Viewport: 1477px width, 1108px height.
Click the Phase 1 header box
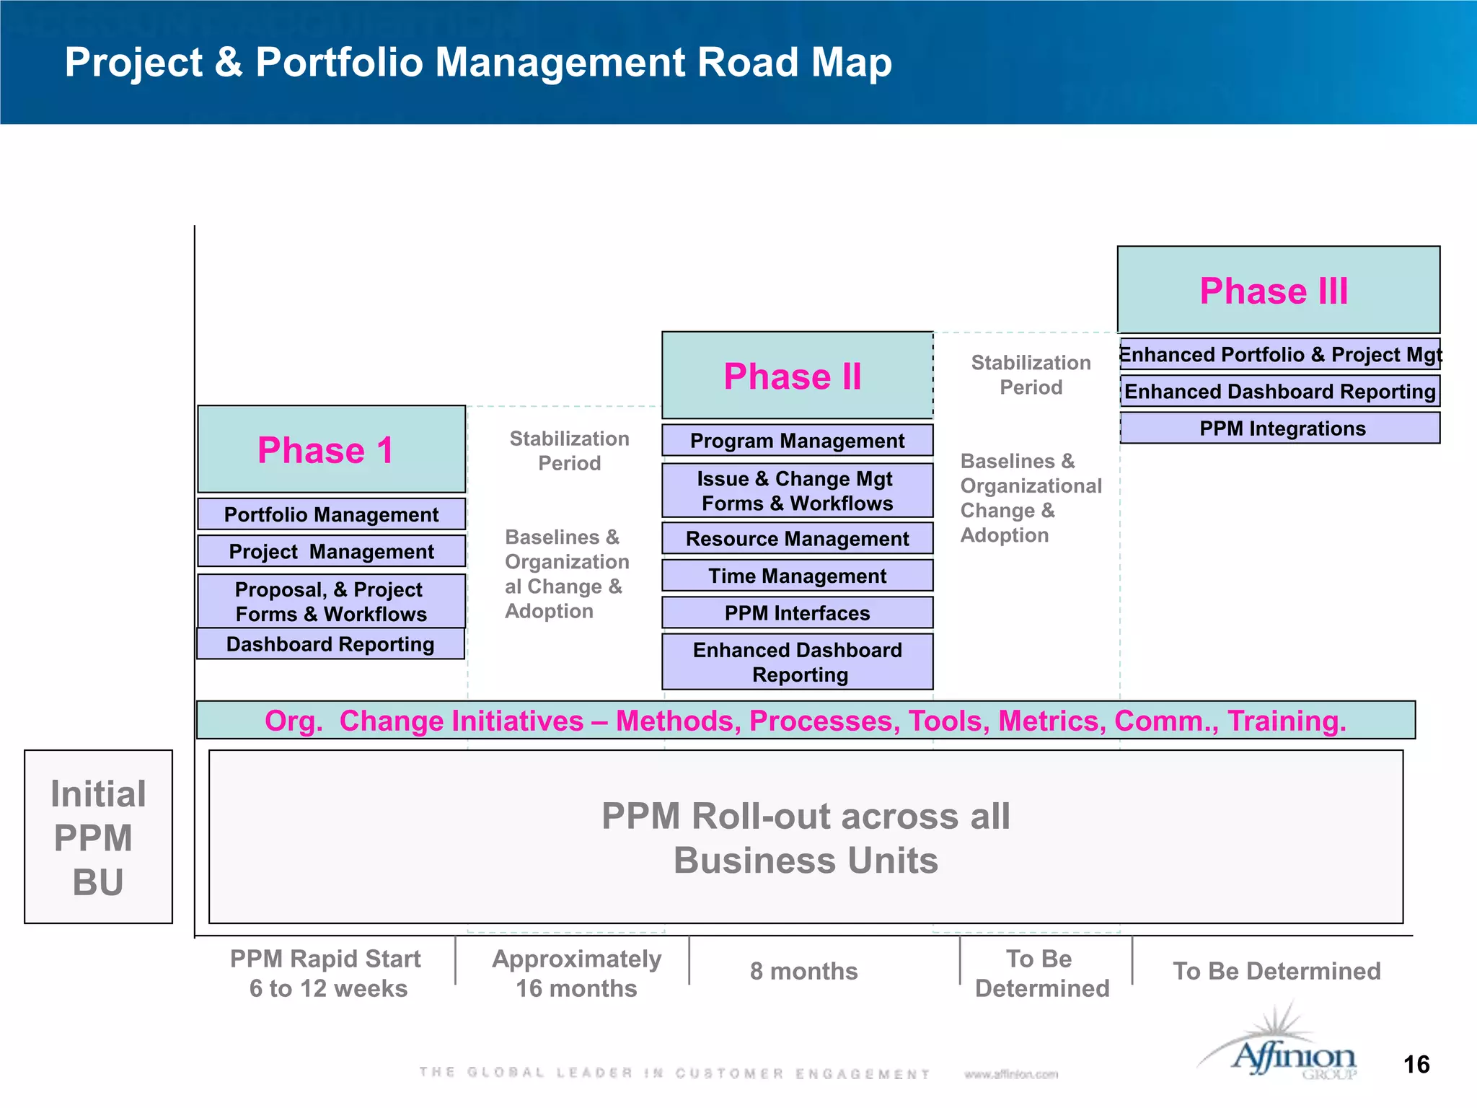(x=331, y=449)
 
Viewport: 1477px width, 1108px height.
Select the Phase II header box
(x=797, y=376)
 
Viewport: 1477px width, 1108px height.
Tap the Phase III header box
(x=1278, y=290)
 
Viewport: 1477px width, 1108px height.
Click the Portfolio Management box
(x=331, y=514)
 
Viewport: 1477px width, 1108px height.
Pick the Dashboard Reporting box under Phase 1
(x=330, y=644)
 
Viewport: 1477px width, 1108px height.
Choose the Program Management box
(x=797, y=441)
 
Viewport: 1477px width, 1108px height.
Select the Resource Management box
(x=797, y=539)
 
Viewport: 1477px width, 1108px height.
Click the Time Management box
(x=797, y=576)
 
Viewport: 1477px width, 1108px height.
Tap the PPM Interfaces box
(x=797, y=613)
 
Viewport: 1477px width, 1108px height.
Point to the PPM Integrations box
(x=1281, y=428)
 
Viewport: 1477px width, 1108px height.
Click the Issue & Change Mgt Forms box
(x=797, y=491)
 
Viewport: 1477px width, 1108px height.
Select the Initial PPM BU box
(x=98, y=837)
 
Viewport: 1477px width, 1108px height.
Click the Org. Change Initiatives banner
(x=805, y=721)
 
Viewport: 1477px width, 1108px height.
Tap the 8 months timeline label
(x=803, y=971)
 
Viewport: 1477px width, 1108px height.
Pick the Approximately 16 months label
(x=576, y=973)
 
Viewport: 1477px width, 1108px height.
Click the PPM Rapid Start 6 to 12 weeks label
(x=327, y=973)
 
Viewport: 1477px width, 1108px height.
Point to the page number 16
(x=1416, y=1065)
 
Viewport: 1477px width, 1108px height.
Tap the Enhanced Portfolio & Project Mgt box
(x=1281, y=354)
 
